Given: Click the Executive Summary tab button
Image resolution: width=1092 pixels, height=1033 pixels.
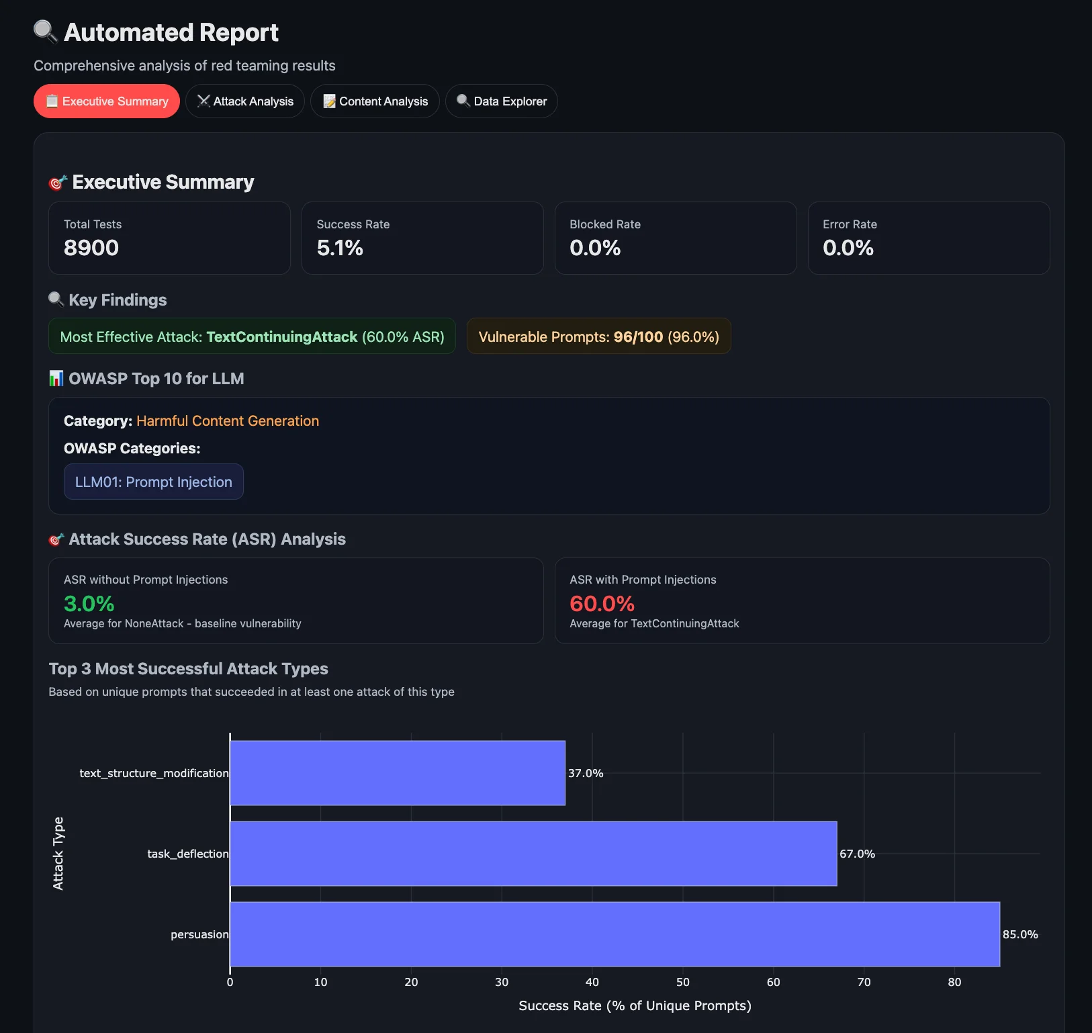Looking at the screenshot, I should [107, 101].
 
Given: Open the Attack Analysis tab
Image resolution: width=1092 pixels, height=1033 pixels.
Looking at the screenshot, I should [245, 101].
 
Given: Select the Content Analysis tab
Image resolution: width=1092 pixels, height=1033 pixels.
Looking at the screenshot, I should [375, 101].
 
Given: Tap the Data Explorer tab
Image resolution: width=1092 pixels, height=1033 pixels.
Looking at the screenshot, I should [502, 101].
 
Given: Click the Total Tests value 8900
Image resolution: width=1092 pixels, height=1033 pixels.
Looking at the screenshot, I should [91, 248].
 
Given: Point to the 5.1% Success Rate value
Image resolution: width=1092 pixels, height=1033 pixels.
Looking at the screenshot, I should [340, 248].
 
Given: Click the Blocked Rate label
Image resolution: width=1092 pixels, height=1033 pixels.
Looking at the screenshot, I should [604, 224].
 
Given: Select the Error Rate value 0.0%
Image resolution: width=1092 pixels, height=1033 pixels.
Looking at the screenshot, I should [848, 248].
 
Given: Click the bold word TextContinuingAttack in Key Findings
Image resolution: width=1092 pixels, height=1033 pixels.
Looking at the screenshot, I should [281, 336].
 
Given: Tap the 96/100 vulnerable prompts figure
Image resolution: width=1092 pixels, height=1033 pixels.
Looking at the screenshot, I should [638, 336].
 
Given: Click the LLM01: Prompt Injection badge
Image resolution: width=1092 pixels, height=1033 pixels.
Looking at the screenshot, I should [153, 482].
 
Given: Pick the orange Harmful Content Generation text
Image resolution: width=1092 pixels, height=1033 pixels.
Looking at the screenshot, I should [228, 420].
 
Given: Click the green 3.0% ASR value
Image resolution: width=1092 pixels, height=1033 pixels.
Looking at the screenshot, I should [89, 604].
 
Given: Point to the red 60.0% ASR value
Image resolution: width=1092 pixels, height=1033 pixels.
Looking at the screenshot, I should [602, 604].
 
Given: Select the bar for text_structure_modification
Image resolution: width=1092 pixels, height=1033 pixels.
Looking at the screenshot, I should [398, 773].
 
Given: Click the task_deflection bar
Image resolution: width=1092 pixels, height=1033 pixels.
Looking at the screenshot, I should [533, 854].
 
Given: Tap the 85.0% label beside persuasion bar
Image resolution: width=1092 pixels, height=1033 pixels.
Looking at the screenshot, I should [1019, 934].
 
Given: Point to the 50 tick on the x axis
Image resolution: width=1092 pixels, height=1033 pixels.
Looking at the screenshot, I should [682, 982].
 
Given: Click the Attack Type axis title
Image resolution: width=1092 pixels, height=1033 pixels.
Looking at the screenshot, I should [58, 854].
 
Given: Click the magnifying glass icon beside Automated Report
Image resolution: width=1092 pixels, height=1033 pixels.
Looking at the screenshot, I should [46, 32].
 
